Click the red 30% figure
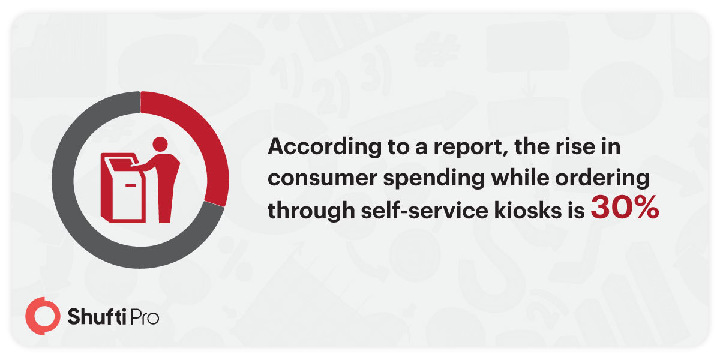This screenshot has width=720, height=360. pos(625,208)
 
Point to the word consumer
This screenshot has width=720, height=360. pos(322,178)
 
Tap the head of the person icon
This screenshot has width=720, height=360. pos(160,145)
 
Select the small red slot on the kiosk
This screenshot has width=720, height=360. pos(130,185)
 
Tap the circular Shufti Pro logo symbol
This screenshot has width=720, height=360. pos(43,316)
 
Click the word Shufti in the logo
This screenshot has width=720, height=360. pos(97,316)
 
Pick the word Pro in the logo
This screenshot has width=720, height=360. pos(144,317)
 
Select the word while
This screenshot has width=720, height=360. pos(520,178)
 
